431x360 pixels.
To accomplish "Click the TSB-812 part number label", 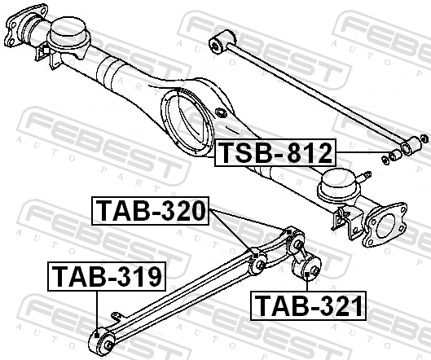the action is pos(275,153).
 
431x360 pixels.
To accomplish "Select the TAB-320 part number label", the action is pos(151,211).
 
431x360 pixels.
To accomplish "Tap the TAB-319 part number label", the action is pos(107,276).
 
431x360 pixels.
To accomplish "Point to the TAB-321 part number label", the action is pos(308,305).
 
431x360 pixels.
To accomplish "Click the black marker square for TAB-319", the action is pos(96,335).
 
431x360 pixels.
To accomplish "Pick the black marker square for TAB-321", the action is pos(307,274).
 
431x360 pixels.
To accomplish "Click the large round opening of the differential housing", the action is pos(188,122).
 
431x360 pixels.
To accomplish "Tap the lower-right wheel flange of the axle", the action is pos(385,225).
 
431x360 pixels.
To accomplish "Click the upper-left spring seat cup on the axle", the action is pos(68,36).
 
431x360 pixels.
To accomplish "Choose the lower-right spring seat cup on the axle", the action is pos(338,186).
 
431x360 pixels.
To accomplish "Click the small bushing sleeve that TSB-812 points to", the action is pos(395,155).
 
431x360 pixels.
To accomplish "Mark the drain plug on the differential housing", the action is pos(221,112).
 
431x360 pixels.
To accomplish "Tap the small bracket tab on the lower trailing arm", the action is pos(117,317).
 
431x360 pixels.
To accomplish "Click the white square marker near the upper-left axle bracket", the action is pos(46,50).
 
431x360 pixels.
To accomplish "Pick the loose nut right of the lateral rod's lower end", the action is pos(424,138).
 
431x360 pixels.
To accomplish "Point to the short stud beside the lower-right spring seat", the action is pos(365,176).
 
